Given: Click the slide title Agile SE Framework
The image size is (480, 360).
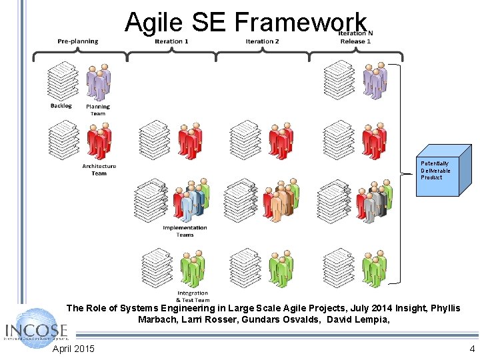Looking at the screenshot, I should coord(245,22).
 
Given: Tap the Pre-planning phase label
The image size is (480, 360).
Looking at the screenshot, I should coord(78,41).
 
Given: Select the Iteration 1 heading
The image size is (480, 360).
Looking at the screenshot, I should coord(171,41).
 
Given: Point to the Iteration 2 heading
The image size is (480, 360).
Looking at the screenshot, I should coord(262,41).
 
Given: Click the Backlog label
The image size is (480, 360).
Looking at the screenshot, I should coord(61,106).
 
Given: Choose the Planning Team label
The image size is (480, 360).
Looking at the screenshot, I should coord(98,110).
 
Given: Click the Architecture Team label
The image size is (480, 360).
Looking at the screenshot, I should coord(99,169).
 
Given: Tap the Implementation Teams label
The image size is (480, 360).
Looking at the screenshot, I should coord(185,231).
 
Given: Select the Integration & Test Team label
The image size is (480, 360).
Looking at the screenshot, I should coord(193,296).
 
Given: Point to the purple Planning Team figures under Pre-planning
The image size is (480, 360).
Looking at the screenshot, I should coord(99,81).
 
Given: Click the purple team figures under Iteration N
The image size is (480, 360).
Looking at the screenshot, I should coord(375,81).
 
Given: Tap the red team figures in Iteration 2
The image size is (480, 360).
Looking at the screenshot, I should coord(281,141).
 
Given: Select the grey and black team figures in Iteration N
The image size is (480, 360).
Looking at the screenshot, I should coord(375,202).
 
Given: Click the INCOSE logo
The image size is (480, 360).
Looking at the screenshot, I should coord(37,329).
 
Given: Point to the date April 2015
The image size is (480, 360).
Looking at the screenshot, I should coord(73,349).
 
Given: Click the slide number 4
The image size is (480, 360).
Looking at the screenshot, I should coord(472,349).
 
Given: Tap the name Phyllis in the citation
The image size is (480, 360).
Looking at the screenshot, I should coord(446,308).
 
